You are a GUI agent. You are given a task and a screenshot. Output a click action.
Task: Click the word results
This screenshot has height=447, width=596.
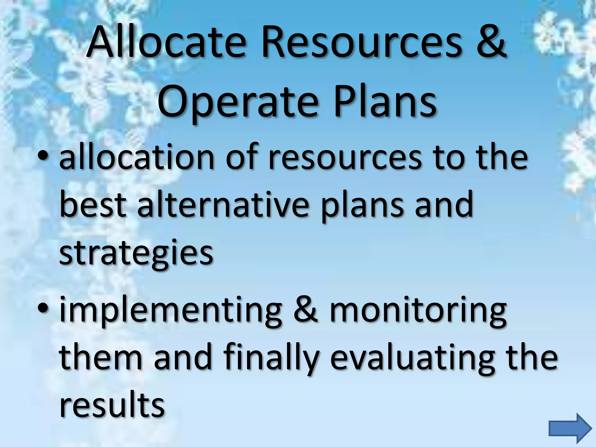point(112,404)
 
